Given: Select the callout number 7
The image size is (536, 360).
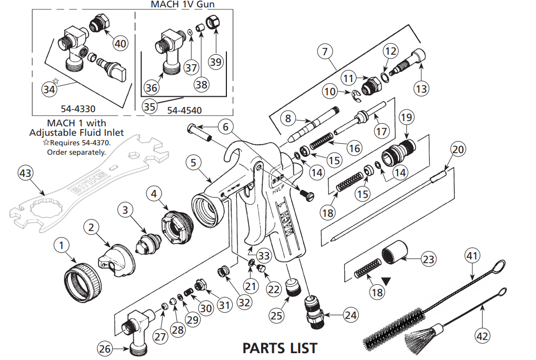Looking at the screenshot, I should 325,52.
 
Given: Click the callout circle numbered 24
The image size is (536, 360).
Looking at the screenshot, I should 350,315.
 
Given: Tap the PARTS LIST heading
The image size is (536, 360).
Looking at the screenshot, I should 280,348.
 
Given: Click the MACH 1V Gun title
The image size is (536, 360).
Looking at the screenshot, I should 183,4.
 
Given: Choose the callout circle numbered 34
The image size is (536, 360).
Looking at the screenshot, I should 49,89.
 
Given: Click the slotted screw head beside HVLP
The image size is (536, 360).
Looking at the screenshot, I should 309,195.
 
